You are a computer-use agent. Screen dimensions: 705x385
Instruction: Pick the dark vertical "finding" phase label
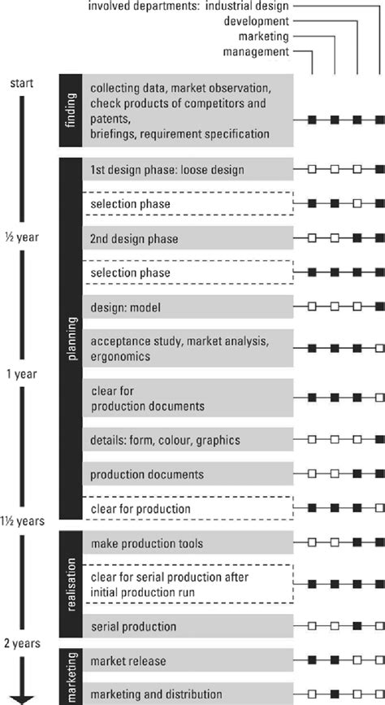[70, 111]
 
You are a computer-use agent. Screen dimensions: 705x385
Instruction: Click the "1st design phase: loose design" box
[188, 169]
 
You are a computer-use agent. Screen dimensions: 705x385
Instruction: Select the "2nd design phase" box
[188, 239]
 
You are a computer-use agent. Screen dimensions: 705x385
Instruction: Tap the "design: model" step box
[188, 307]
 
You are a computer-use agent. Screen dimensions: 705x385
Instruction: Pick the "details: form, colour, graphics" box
[188, 440]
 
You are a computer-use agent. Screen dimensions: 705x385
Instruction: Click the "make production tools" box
[188, 542]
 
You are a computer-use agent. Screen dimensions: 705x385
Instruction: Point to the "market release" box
[188, 661]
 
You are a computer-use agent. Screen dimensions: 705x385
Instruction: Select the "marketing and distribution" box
[188, 693]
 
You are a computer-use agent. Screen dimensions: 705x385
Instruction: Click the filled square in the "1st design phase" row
[379, 169]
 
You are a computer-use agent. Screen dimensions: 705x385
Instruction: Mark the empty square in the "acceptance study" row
[379, 348]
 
